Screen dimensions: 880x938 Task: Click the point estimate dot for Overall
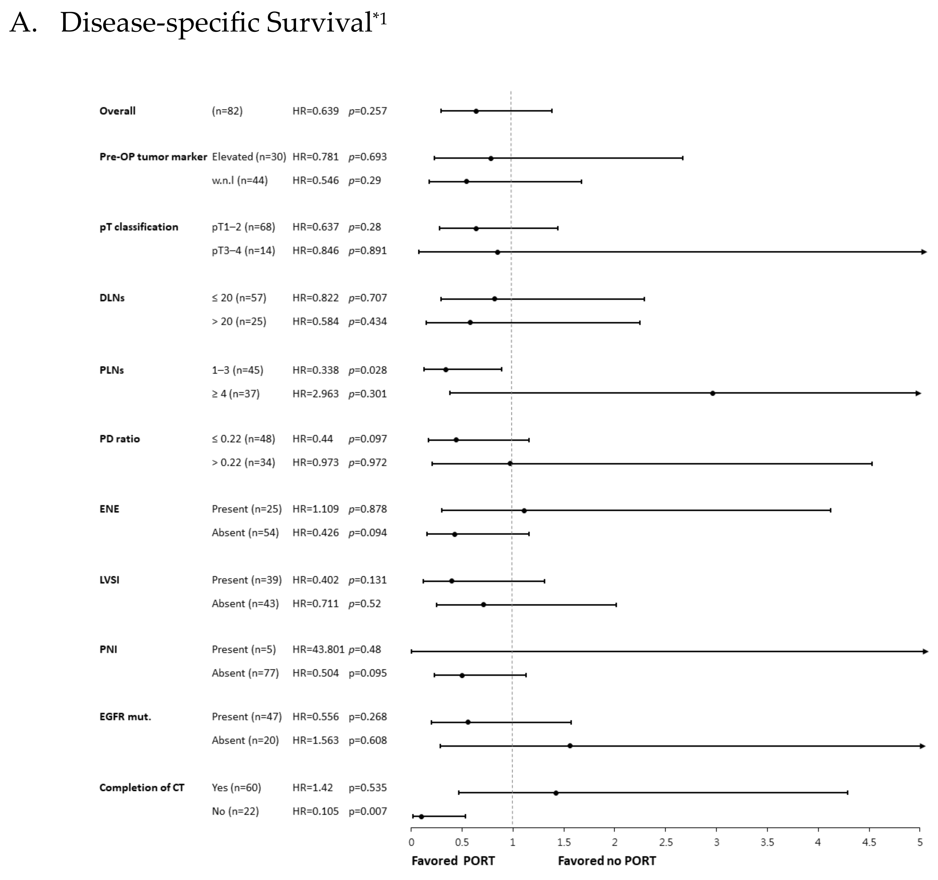pyautogui.click(x=476, y=111)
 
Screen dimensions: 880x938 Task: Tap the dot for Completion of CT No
pyautogui.click(x=421, y=816)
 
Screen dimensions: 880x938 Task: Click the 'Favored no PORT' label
pyautogui.click(x=607, y=861)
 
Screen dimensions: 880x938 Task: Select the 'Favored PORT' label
pyautogui.click(x=453, y=861)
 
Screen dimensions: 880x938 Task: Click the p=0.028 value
pyautogui.click(x=368, y=370)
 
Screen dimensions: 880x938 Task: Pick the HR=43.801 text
pyautogui.click(x=319, y=650)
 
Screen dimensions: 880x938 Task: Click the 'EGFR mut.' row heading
pyautogui.click(x=125, y=717)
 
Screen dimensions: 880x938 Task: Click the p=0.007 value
pyautogui.click(x=368, y=811)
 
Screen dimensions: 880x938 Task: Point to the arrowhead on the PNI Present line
pyautogui.click(x=925, y=651)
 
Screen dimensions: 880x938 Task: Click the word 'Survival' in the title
pyautogui.click(x=319, y=23)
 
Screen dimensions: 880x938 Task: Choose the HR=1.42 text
pyautogui.click(x=312, y=788)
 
